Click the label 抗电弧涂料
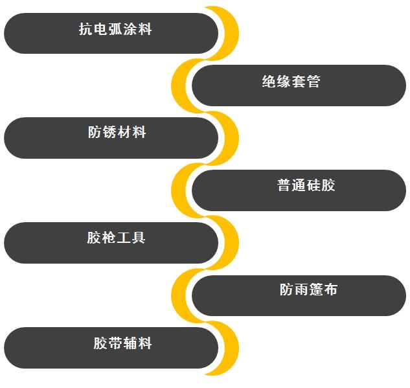[115, 29]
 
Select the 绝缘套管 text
[291, 82]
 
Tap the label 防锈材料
[117, 133]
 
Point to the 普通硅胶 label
[306, 186]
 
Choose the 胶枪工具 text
[117, 238]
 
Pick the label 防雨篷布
[308, 290]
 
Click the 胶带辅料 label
[122, 343]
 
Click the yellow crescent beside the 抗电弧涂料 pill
[229, 32]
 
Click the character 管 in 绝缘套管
[313, 82]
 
